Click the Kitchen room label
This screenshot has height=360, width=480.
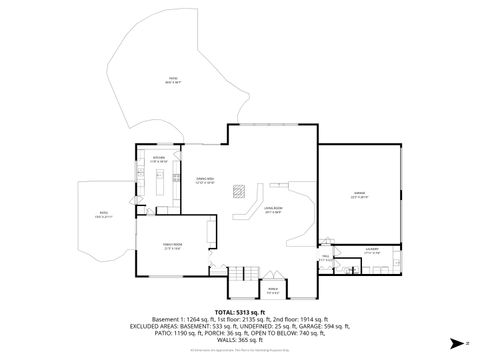158,158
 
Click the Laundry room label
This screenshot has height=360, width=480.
371,251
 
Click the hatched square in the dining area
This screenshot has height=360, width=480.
237,190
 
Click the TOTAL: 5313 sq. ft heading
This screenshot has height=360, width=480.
240,313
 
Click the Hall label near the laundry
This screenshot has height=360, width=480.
325,258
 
